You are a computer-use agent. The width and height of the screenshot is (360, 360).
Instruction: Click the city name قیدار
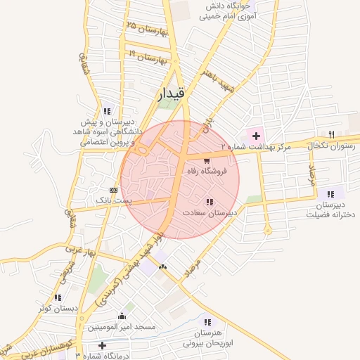pos(172,94)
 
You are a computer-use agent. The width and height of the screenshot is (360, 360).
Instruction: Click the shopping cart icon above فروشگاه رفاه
pos(206,160)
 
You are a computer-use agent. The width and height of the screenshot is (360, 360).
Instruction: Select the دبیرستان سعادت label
pos(210,212)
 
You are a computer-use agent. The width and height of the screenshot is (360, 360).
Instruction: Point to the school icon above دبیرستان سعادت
pos(210,202)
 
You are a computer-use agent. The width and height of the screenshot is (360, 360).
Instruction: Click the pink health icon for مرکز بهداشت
pos(256,136)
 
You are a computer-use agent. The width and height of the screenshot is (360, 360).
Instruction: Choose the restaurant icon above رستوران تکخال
pos(331,134)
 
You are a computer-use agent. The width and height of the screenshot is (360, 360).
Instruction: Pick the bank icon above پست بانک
pos(114,191)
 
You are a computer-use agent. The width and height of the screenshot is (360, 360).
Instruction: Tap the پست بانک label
pos(114,201)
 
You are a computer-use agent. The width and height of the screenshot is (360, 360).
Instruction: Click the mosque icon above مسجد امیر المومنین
pos(122,316)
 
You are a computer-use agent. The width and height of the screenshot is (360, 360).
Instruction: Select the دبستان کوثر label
pos(58,307)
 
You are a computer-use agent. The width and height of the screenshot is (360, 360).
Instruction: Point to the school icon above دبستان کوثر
pos(58,297)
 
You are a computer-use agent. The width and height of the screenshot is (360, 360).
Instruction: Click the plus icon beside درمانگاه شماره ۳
pos(103,345)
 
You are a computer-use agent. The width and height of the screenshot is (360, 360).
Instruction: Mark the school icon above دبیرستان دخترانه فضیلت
pos(330,194)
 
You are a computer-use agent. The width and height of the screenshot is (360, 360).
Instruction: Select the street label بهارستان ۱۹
pos(148,56)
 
